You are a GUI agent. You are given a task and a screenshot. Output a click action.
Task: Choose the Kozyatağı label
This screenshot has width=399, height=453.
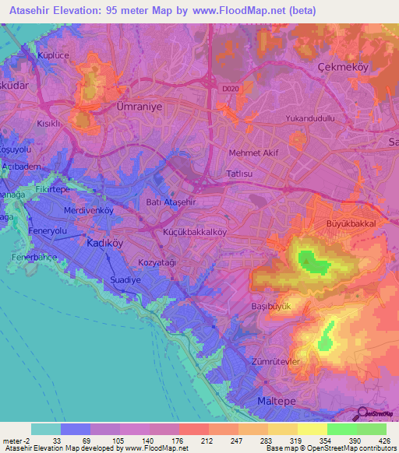(x=157, y=264)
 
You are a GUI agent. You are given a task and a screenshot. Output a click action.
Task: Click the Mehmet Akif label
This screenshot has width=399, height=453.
(x=254, y=153)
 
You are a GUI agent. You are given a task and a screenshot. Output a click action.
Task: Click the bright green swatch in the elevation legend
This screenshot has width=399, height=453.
(x=342, y=429)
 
